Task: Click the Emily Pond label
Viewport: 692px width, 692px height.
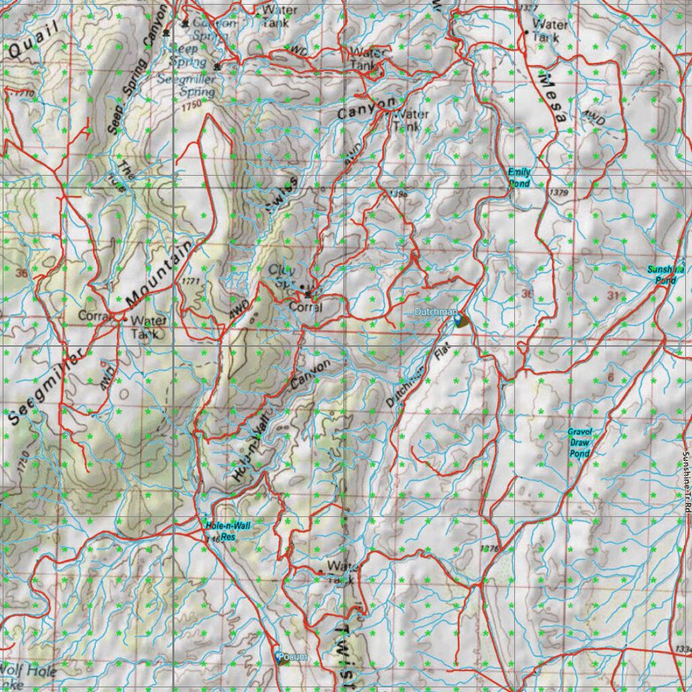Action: click(519, 178)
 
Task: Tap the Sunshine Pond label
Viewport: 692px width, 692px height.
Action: click(666, 274)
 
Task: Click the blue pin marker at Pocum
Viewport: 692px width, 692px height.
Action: click(280, 656)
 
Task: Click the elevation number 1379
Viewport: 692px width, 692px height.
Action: click(560, 193)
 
